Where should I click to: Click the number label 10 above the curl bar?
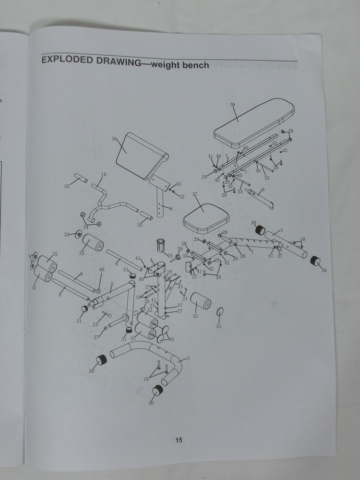pos(104,174)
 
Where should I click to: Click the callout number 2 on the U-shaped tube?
pos(188,358)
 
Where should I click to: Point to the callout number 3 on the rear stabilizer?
pos(281,230)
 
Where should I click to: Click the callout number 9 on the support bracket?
pos(263,190)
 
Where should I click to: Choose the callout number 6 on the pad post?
pos(171,208)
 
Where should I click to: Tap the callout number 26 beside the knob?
pos(181,249)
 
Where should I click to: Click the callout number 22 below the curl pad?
pos(181,196)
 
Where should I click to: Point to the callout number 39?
pos(147,301)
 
